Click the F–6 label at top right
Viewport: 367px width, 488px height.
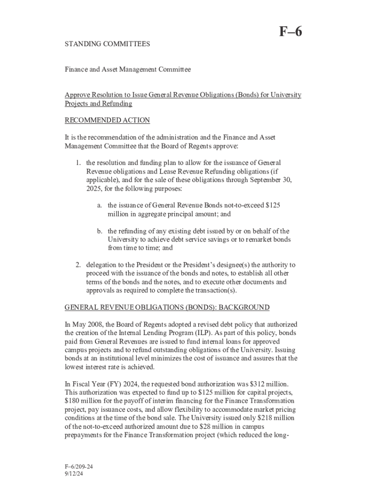[290, 32]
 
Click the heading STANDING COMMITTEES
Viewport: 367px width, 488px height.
[107, 44]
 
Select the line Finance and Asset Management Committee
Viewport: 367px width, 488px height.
[128, 70]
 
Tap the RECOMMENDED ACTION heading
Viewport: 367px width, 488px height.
[107, 120]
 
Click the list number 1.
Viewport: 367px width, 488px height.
[78, 163]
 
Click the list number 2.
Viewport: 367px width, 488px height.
[78, 264]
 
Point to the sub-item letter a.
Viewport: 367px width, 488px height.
[100, 205]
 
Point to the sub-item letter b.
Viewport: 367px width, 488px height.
[100, 231]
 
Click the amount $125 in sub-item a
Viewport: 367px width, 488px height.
[272, 205]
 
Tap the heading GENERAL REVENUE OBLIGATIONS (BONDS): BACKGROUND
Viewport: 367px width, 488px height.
[167, 307]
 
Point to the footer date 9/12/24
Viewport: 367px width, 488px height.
[74, 474]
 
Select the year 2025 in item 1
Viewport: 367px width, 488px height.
[94, 189]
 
